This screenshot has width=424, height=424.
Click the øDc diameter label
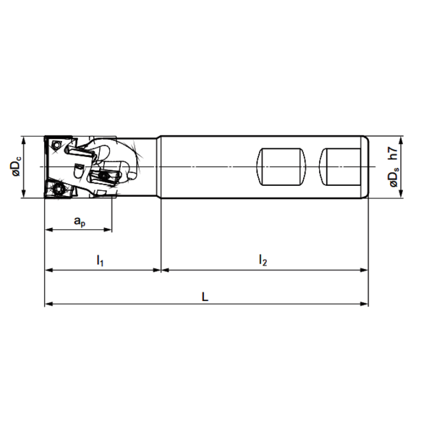point(14,167)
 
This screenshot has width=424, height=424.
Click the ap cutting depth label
point(79,222)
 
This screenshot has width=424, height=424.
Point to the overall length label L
point(205,297)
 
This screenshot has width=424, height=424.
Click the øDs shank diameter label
point(394,177)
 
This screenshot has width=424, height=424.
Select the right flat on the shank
point(342,167)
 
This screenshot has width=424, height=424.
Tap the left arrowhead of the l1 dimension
point(48,270)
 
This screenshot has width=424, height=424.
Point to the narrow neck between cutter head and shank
point(148,167)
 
